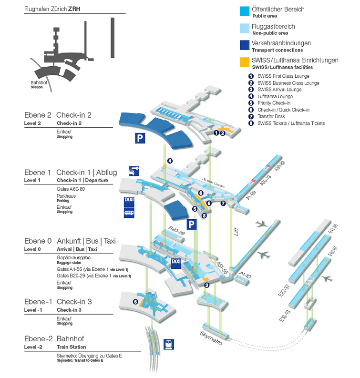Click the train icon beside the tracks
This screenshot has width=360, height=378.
pos(168,344)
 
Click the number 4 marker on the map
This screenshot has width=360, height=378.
pos(170,161)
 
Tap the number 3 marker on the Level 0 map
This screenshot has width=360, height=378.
pos(206,285)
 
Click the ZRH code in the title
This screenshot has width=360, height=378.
pos(74,9)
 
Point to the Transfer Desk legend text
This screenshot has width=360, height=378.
pos(271,116)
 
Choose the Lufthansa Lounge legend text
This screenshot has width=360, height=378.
pos(275,96)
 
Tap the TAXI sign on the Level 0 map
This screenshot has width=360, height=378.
pos(175,262)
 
